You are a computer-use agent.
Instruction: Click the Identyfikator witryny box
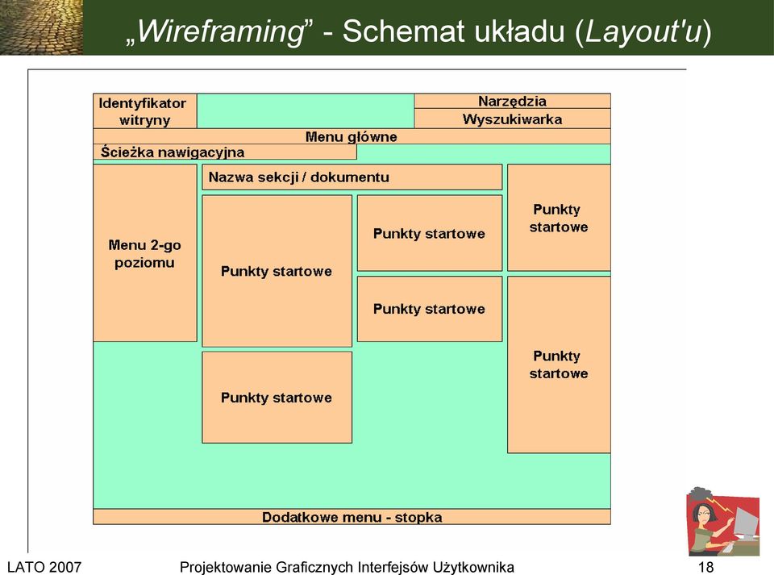coord(144,111)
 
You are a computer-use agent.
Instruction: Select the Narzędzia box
coord(513,101)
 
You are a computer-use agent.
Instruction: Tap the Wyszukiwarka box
coord(513,119)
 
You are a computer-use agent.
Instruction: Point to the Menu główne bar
coord(352,137)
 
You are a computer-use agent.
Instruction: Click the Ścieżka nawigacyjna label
coord(173,152)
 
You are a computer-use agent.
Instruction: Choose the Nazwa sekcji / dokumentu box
coord(352,177)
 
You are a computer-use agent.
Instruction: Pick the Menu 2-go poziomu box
coord(144,252)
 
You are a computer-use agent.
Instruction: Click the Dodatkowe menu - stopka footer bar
coord(352,517)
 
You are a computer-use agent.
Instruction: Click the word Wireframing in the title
coord(220,31)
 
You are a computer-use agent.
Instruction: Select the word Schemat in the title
coord(404,31)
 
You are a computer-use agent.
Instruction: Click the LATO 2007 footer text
coord(44,567)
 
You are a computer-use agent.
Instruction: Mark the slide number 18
coord(706,567)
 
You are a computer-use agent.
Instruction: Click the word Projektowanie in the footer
coord(228,567)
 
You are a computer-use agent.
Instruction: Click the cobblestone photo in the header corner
coord(41,27)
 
